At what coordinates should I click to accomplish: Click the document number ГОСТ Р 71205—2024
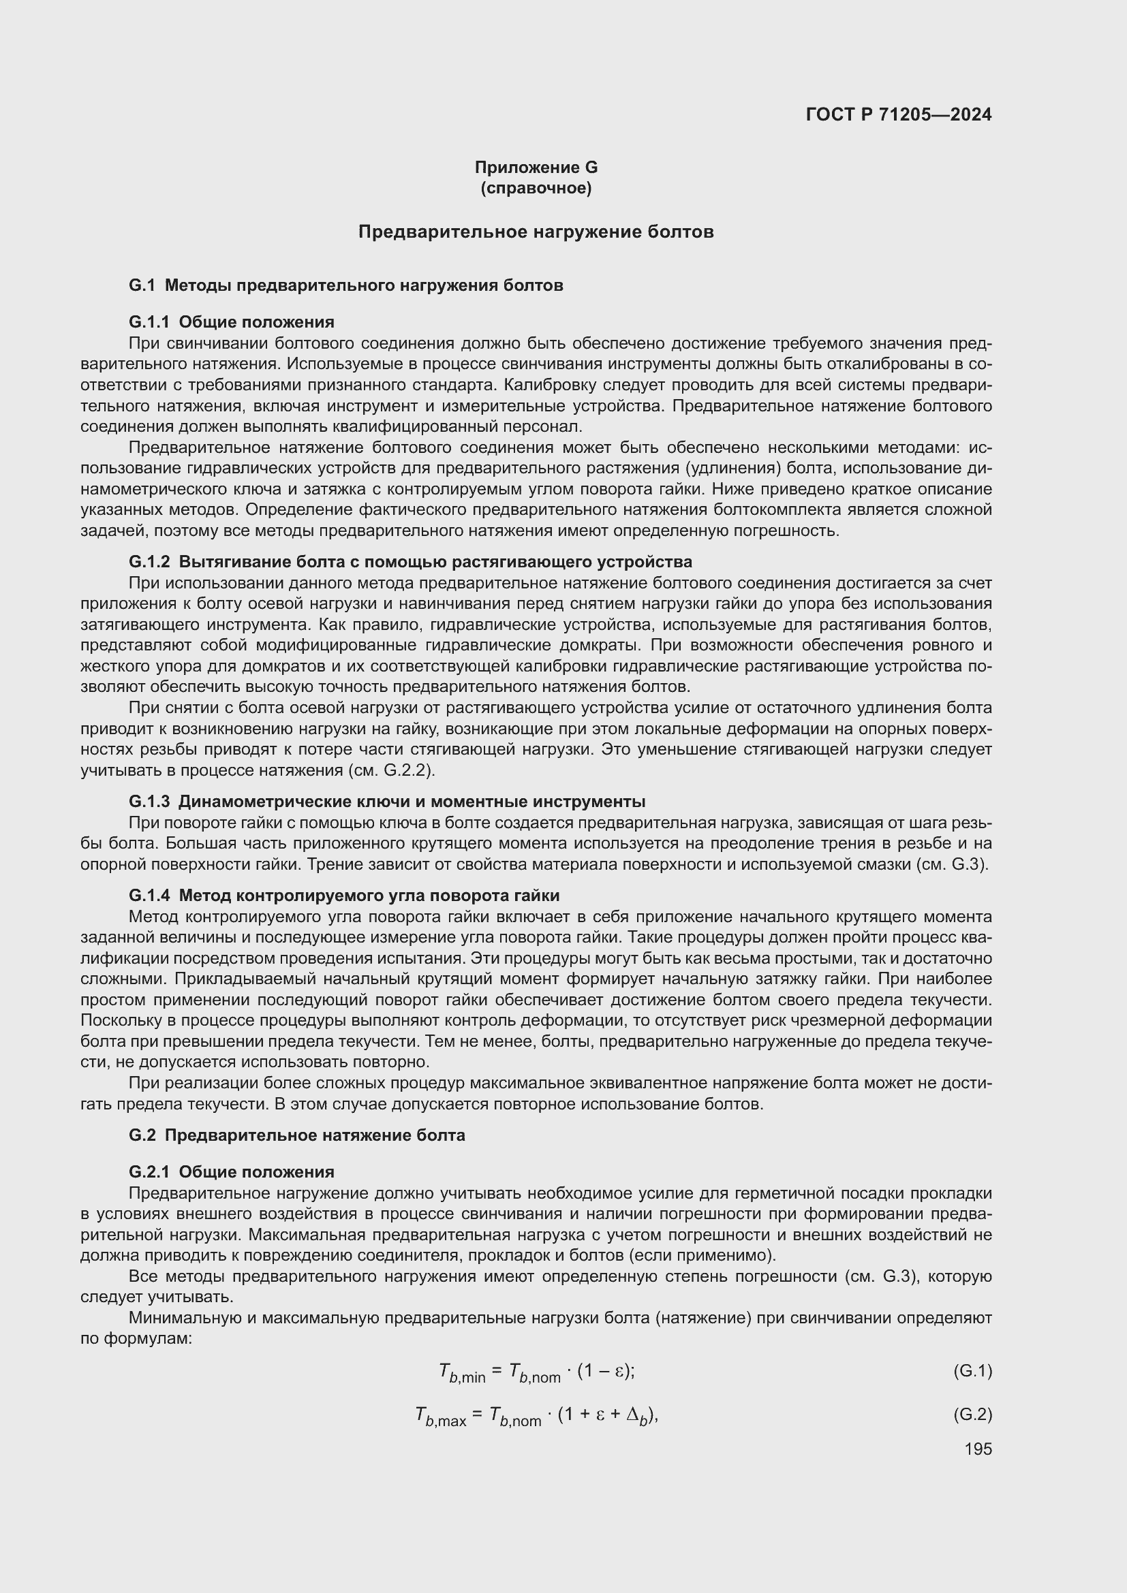899,114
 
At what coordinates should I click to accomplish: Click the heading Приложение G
536,168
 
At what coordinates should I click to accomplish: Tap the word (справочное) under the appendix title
536,188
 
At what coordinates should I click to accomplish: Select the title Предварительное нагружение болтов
536,232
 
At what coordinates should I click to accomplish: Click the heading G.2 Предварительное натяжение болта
297,1135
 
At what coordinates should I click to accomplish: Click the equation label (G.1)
972,1371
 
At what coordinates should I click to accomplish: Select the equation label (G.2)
972,1414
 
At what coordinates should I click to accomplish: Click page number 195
978,1449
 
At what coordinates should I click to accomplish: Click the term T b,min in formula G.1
461,1372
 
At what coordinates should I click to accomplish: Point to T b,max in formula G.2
440,1415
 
